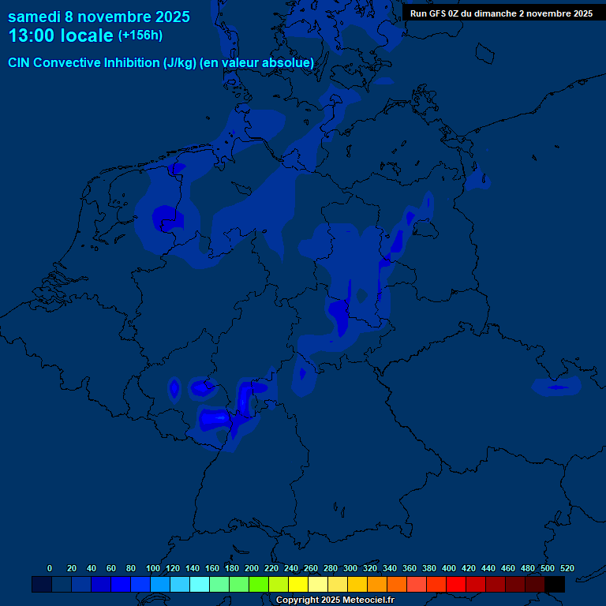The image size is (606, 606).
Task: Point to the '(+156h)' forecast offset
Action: pos(140,36)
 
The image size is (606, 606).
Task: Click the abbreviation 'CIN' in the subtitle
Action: pos(20,62)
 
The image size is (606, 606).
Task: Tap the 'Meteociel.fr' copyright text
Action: pos(367,600)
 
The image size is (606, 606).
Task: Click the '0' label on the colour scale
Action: pos(50,568)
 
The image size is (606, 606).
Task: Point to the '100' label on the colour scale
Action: pos(153,568)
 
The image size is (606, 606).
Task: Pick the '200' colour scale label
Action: pos(252,568)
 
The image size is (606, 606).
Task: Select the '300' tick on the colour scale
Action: pos(350,568)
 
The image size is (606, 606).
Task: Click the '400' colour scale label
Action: pos(449,568)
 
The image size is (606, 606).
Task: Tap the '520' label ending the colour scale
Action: pos(567,568)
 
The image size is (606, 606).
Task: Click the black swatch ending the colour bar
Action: pos(554,584)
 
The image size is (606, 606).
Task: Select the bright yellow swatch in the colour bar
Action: pos(297,584)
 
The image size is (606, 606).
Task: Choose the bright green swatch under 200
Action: pos(258,584)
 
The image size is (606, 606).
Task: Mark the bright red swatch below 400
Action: pos(455,584)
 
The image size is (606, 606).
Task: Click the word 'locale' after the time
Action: pos(87,36)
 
